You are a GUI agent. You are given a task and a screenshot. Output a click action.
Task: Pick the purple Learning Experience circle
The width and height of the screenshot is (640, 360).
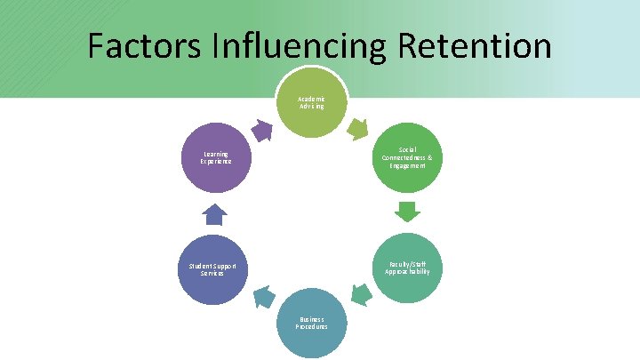tap(215, 158)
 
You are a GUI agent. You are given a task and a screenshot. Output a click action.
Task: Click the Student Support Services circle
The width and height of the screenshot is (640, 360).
tap(213, 269)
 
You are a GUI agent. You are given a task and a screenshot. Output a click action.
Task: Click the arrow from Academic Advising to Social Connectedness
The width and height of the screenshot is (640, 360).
tap(356, 130)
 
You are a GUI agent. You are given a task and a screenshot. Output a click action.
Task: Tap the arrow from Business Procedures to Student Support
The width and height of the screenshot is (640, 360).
tap(263, 297)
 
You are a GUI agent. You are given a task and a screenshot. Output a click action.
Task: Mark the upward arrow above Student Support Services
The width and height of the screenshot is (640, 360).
tap(215, 214)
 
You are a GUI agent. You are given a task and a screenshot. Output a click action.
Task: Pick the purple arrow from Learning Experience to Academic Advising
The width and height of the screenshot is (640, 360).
tap(261, 131)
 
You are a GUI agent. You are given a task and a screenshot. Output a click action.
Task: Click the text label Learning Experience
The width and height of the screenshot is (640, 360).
tap(215, 158)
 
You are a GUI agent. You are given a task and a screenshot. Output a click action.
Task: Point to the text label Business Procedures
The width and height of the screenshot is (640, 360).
tap(311, 324)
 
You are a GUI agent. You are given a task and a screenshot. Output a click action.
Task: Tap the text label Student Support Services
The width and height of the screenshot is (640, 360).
tap(212, 269)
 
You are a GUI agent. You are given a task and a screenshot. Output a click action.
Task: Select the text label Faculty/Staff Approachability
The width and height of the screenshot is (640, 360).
tap(407, 268)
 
